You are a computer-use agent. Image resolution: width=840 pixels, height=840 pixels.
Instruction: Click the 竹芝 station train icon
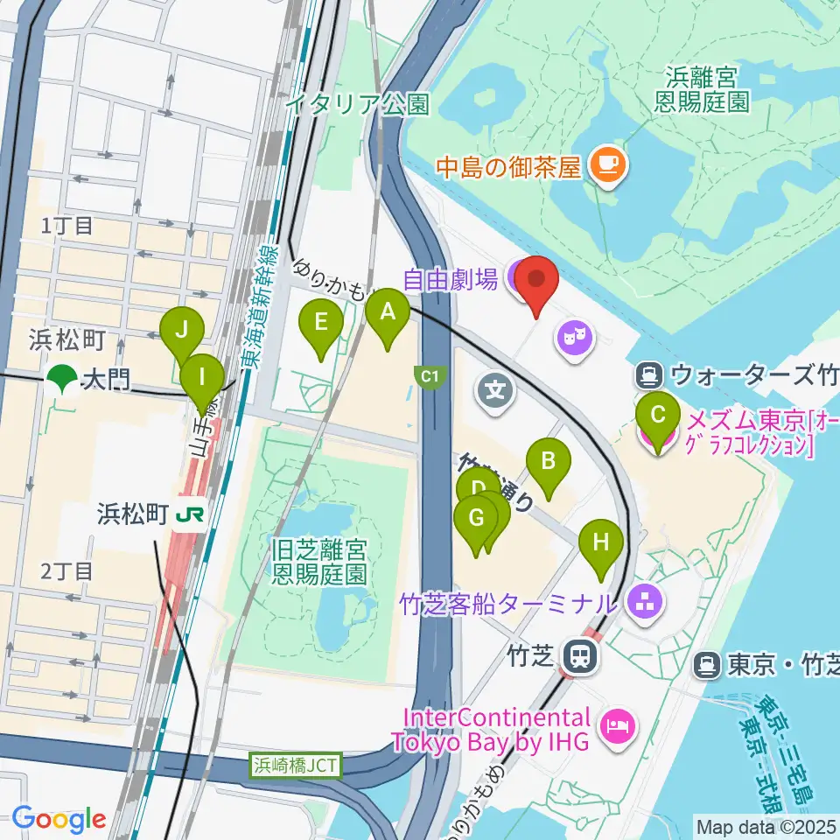coord(579,654)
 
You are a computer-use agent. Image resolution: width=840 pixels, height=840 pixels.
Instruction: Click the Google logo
coord(59,819)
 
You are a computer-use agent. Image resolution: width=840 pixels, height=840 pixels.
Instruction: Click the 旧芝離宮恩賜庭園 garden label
coord(319,563)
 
